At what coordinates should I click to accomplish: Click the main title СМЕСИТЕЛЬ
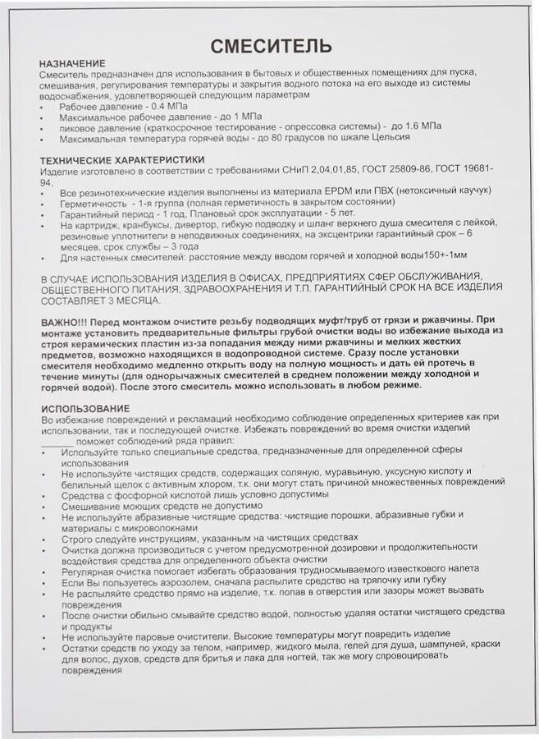tap(271, 45)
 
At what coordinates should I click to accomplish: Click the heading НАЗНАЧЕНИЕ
tap(72, 63)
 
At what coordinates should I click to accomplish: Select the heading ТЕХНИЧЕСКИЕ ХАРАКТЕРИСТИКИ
tap(122, 158)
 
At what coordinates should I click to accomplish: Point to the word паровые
tap(153, 635)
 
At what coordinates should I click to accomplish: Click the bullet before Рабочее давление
tap(42, 107)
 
